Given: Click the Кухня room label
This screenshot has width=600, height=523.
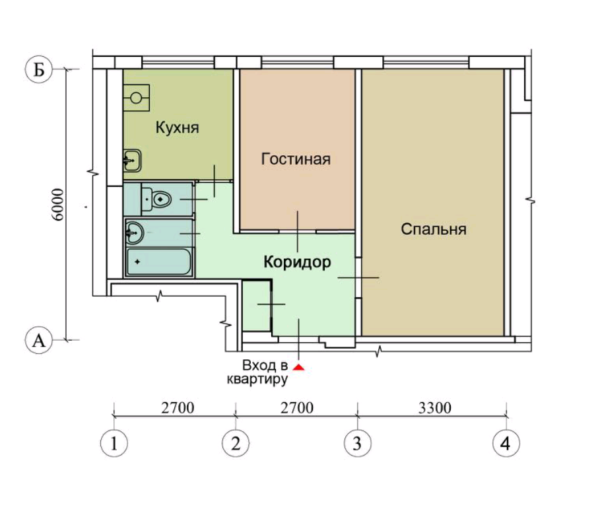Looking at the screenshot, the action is coord(177,127).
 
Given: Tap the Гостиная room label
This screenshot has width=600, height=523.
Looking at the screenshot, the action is coord(296,159).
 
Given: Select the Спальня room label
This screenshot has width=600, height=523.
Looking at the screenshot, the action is coord(434,229).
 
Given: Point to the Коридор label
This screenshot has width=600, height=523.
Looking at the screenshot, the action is coord(297,263).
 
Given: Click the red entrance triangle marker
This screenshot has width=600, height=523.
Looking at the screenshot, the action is coord(298,367).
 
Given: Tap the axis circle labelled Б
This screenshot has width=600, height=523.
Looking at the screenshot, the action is coord(39,70).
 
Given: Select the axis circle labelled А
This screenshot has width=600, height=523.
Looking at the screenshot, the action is coord(39,340).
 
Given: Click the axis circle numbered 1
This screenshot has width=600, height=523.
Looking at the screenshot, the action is coord(114,443).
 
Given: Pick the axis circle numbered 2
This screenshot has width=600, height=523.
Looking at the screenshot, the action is coord(236,443).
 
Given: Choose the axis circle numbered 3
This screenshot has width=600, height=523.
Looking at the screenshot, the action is coord(357,443).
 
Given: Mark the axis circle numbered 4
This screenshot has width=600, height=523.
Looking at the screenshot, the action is coord(506,443).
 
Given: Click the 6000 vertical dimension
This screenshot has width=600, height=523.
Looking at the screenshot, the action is coord(58,204).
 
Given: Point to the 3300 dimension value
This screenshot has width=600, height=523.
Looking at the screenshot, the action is coord(435,408).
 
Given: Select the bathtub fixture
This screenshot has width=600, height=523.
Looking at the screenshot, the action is coord(159,262).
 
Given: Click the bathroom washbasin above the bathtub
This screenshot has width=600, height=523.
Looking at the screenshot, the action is coord(134,232).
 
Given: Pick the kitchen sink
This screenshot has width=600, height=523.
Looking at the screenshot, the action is coord(133,160).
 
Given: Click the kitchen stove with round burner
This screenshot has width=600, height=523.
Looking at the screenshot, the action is coord(136,98).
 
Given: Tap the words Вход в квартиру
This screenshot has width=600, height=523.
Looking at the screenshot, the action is coord(257,372).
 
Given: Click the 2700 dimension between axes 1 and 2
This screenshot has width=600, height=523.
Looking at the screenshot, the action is coord(178,408).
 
